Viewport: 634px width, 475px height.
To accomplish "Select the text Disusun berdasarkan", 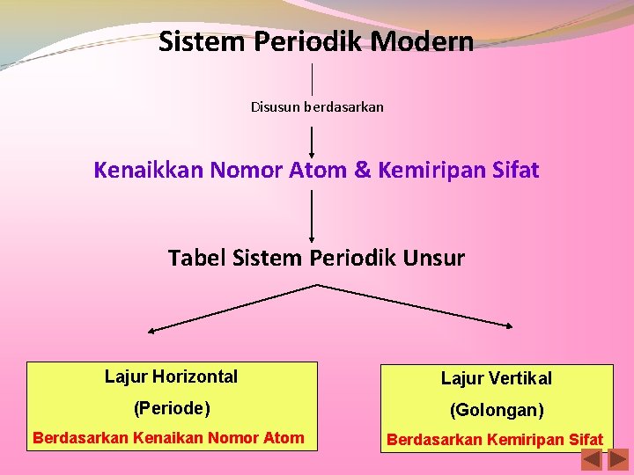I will pyautogui.click(x=317, y=107).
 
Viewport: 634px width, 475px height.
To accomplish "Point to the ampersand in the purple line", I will pyautogui.click(x=362, y=170).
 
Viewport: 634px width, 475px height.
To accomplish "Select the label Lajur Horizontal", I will pyautogui.click(x=171, y=376).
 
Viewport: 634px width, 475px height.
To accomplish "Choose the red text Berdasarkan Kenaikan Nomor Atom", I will pyautogui.click(x=168, y=437).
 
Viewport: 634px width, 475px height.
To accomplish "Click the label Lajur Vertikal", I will pyautogui.click(x=497, y=378).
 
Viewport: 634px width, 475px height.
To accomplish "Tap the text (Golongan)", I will pyautogui.click(x=497, y=410).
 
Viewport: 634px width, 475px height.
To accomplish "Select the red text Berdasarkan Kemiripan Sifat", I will pyautogui.click(x=495, y=439).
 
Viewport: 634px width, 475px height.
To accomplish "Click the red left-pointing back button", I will pyautogui.click(x=592, y=459).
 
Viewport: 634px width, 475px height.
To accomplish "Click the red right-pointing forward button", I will pyautogui.click(x=619, y=459).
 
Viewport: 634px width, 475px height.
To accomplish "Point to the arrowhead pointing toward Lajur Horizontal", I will pyautogui.click(x=152, y=331).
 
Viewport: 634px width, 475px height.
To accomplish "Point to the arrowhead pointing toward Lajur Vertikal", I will pyautogui.click(x=507, y=325).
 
